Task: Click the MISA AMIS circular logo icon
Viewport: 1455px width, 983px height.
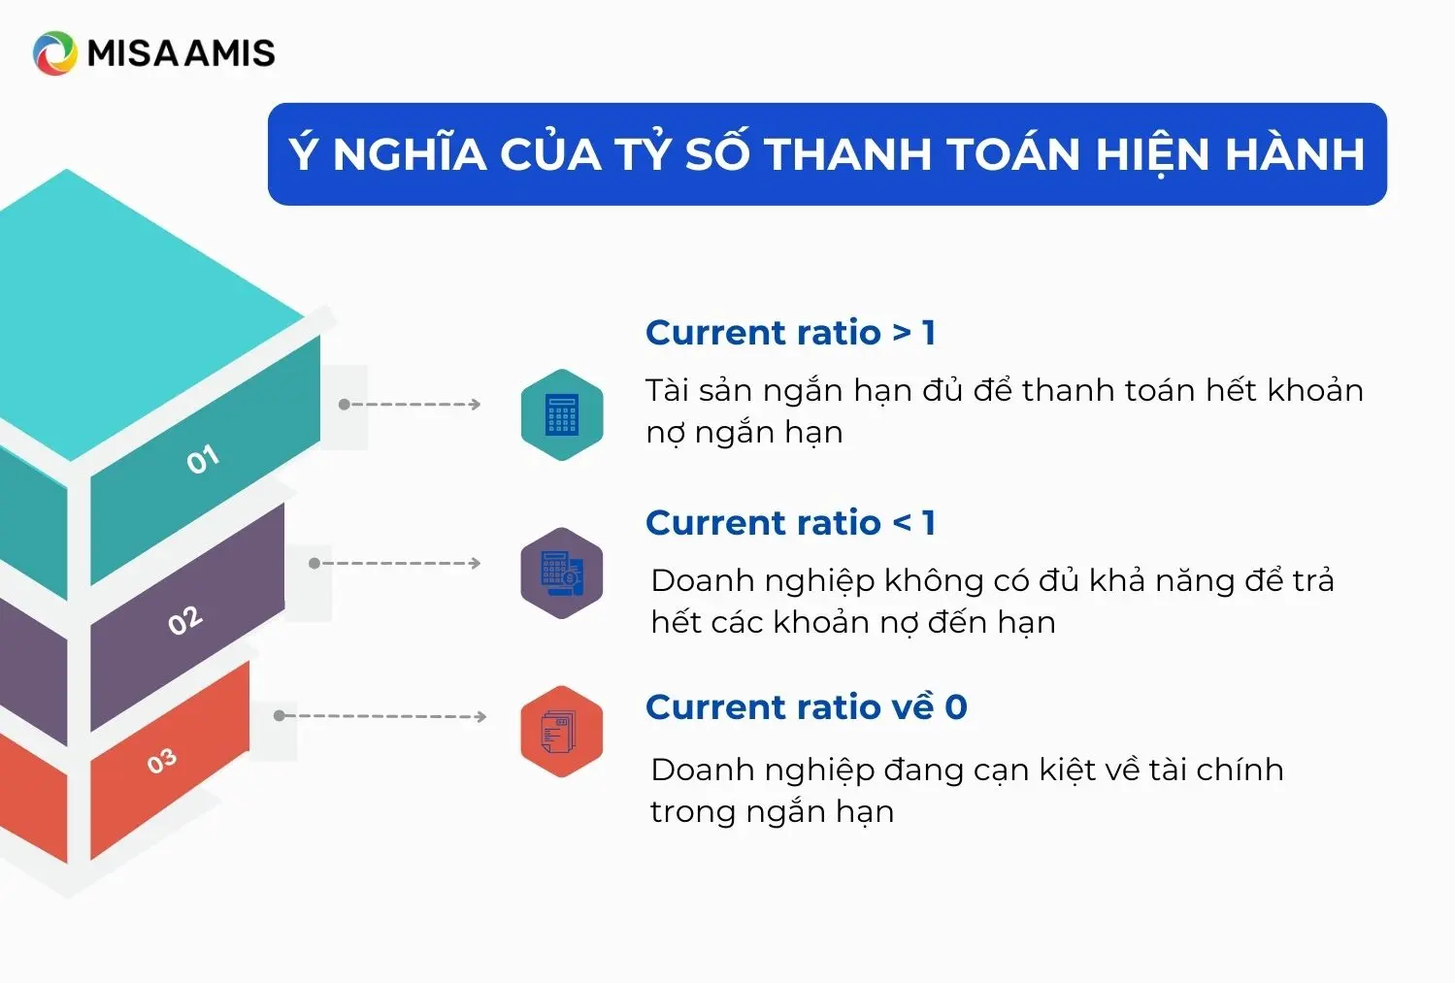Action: [55, 52]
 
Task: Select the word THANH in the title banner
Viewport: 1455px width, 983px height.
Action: [848, 154]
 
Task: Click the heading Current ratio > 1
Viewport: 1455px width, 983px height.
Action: [790, 333]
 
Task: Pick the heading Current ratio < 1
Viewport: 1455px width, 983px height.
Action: [790, 523]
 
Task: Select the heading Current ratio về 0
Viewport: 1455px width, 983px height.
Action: [806, 705]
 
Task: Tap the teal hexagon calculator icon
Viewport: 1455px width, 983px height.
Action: [562, 415]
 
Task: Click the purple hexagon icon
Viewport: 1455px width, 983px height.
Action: [562, 573]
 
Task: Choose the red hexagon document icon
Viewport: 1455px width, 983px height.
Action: [562, 732]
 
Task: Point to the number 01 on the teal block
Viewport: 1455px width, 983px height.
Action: [203, 459]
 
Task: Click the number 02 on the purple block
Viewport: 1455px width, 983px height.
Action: [185, 620]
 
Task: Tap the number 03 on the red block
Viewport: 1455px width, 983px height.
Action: [162, 761]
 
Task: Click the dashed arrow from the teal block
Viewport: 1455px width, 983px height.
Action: [410, 405]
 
